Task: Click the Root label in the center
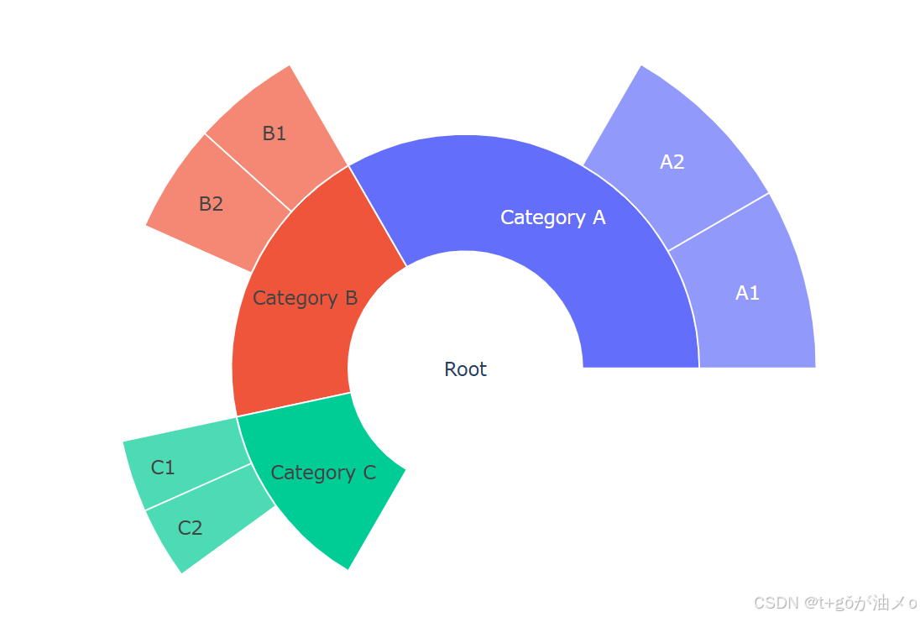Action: (465, 369)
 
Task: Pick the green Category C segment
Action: (336, 504)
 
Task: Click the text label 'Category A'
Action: (552, 217)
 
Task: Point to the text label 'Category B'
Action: (305, 298)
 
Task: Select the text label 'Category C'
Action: (323, 473)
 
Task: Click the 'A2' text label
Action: (672, 162)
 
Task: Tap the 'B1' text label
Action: (274, 133)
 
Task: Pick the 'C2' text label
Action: (191, 528)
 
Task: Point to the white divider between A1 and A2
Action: (719, 222)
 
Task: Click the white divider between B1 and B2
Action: (248, 172)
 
